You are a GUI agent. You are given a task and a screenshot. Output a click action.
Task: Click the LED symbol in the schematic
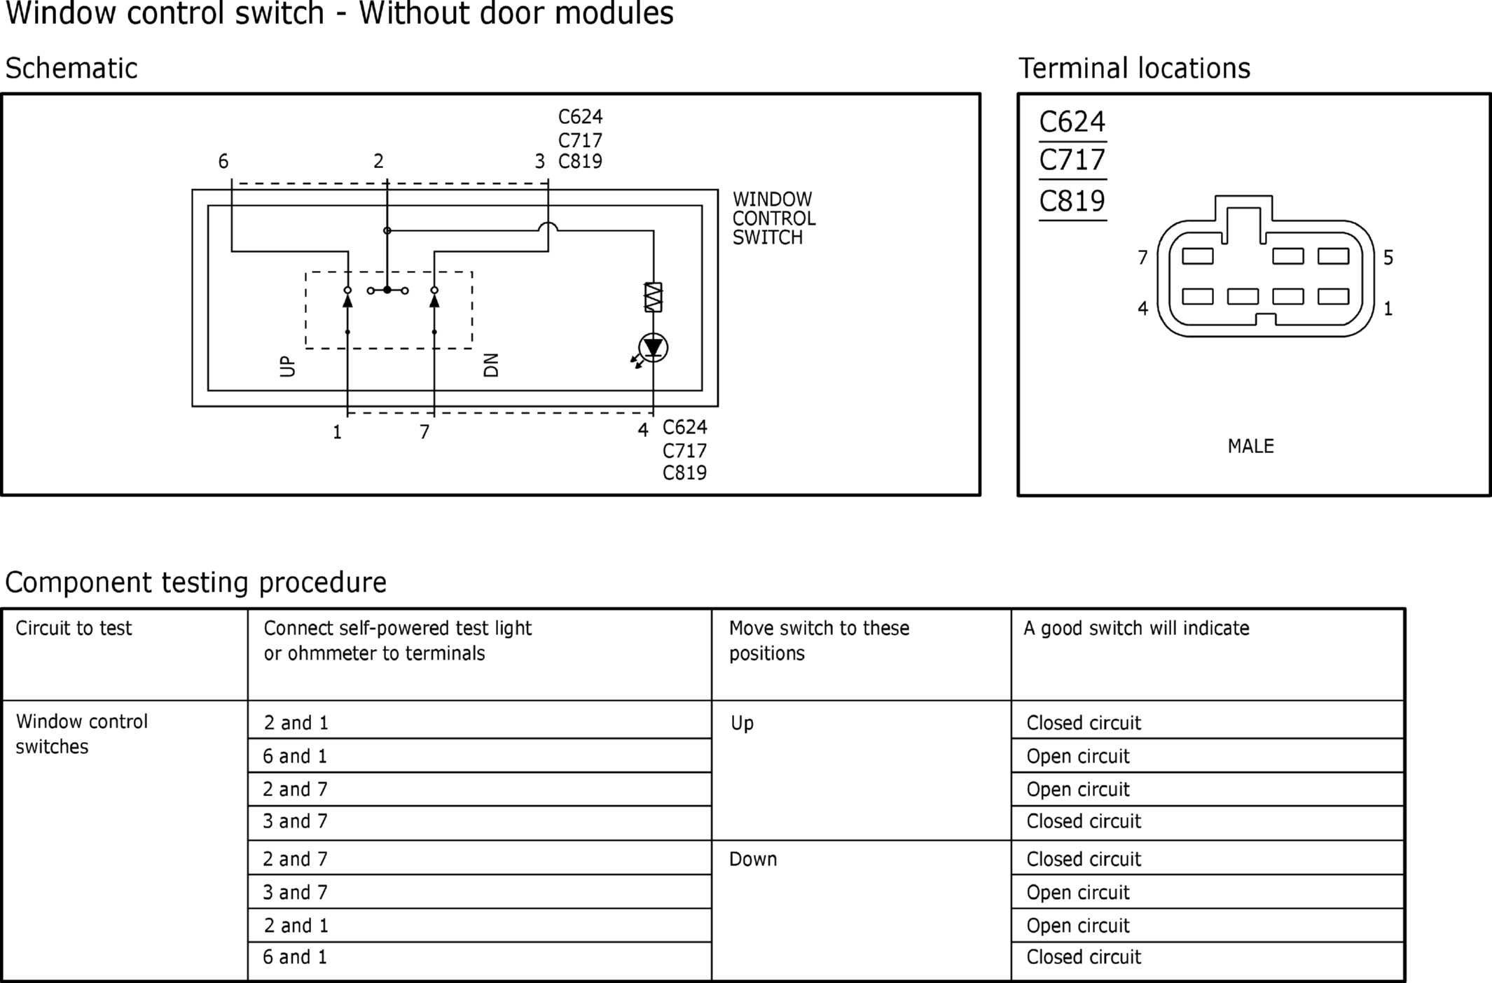653,348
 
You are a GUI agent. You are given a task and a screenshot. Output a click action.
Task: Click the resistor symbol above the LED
653,298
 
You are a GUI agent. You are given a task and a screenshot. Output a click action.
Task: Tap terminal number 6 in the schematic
223,162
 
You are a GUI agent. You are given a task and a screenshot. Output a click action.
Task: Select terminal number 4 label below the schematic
643,430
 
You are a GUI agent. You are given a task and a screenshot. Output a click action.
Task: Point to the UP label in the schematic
287,366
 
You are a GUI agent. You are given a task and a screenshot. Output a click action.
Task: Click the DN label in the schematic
491,365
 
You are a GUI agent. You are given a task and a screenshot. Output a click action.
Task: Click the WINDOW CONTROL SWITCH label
773,218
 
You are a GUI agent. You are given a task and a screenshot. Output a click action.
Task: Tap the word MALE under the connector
1250,446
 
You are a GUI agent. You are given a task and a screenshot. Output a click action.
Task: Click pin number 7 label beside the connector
1142,258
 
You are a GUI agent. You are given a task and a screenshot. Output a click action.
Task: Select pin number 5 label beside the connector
1388,258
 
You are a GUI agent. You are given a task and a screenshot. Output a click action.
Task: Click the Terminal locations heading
1134,69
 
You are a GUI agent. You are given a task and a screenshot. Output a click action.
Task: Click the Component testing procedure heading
195,583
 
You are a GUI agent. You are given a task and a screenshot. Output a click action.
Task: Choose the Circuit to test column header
74,628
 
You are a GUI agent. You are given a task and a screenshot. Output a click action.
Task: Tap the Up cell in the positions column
742,723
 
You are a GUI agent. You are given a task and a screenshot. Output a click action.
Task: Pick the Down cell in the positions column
753,859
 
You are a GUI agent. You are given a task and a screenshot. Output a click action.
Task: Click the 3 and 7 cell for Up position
295,821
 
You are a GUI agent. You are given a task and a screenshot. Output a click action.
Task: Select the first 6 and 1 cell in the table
295,756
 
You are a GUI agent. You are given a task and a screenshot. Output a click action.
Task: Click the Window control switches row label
81,734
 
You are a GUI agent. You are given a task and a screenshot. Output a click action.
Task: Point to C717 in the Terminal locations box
1072,160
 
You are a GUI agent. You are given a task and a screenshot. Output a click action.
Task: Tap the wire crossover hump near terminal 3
548,226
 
